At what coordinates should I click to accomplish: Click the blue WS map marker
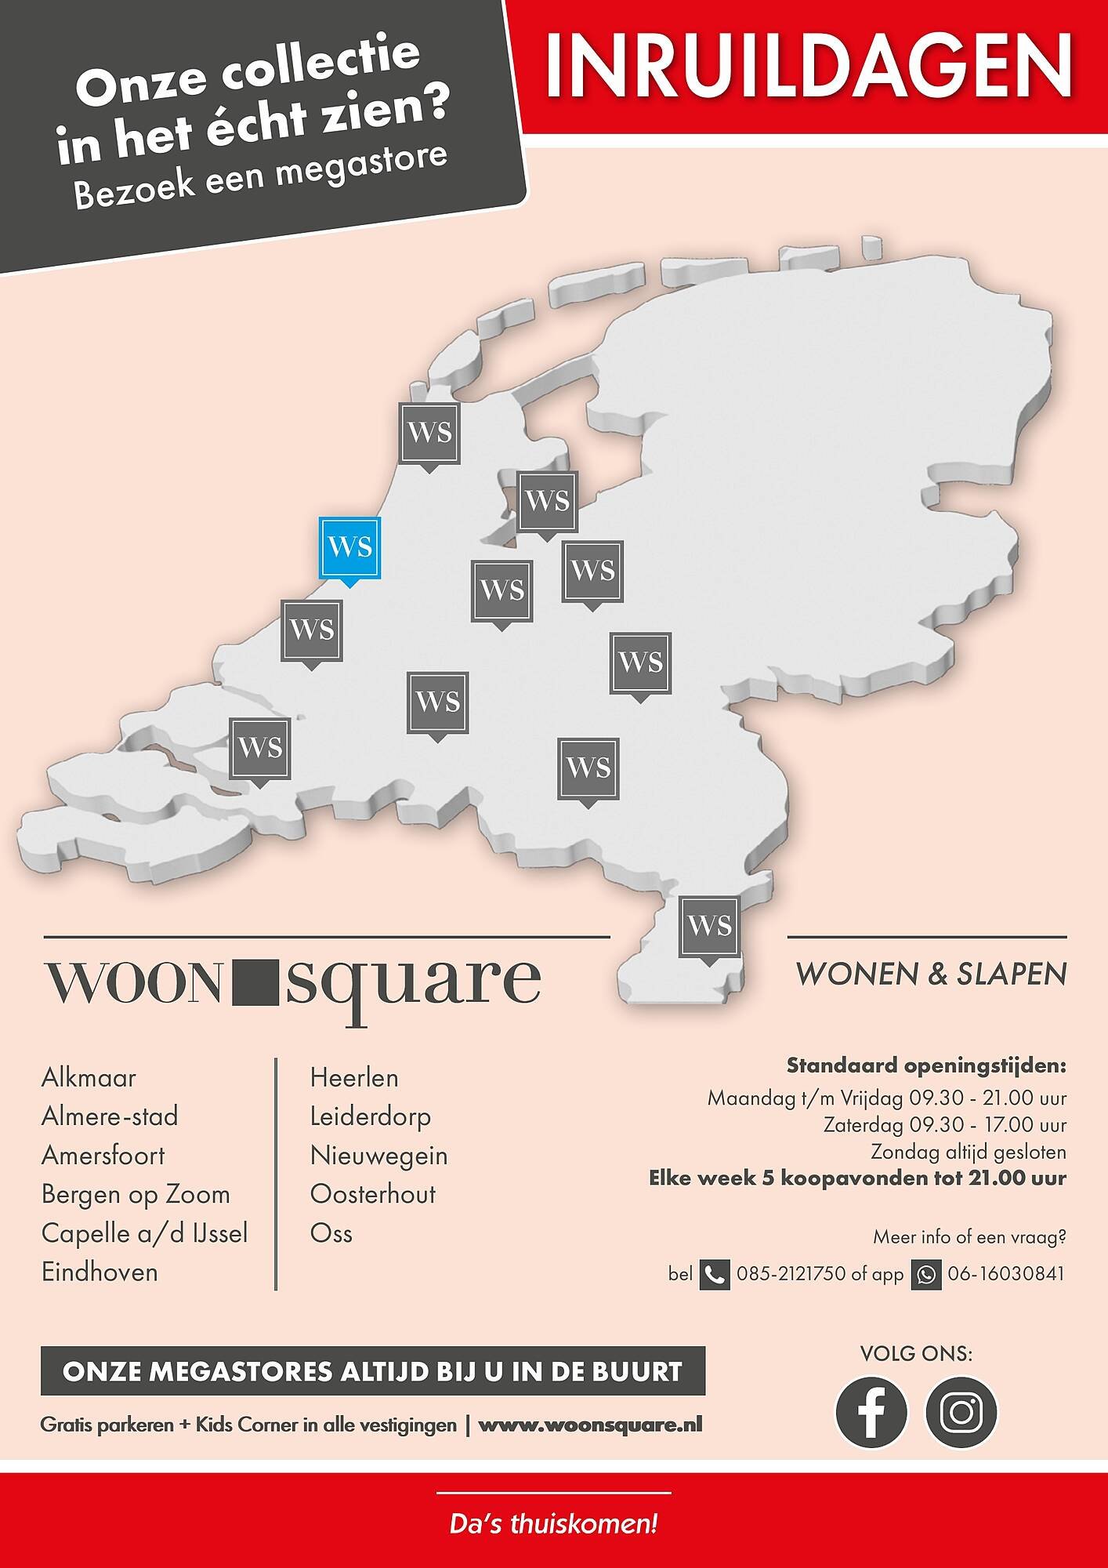[x=349, y=547]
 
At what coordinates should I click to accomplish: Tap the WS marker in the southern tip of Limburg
[x=710, y=927]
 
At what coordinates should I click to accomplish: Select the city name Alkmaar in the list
[x=89, y=1078]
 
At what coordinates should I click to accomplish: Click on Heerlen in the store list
[x=354, y=1078]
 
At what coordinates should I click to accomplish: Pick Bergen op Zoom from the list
[x=136, y=1195]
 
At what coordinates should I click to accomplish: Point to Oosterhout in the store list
[x=372, y=1195]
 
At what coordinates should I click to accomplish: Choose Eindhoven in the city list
[x=100, y=1272]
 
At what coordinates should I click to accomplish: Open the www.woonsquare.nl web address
[x=590, y=1425]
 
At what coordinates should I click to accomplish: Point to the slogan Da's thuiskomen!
[x=553, y=1525]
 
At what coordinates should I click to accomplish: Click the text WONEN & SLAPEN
[x=931, y=975]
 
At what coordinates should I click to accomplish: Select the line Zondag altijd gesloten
[x=968, y=1152]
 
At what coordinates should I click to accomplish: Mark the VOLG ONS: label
[x=916, y=1354]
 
